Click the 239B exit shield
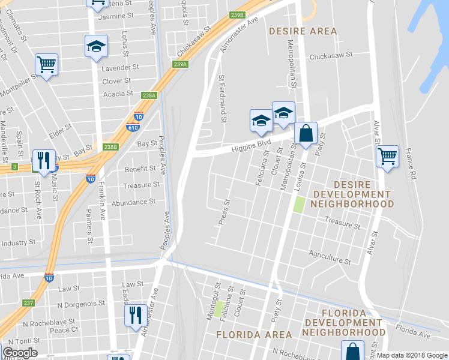point(237,15)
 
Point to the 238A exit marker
point(149,95)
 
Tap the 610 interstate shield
point(133,127)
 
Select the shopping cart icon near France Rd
point(388,157)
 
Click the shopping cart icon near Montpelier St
point(46,64)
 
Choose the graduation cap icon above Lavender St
point(95,47)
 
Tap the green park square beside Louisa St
point(298,205)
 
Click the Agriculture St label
point(330,257)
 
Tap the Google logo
point(20,353)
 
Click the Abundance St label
point(133,202)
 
